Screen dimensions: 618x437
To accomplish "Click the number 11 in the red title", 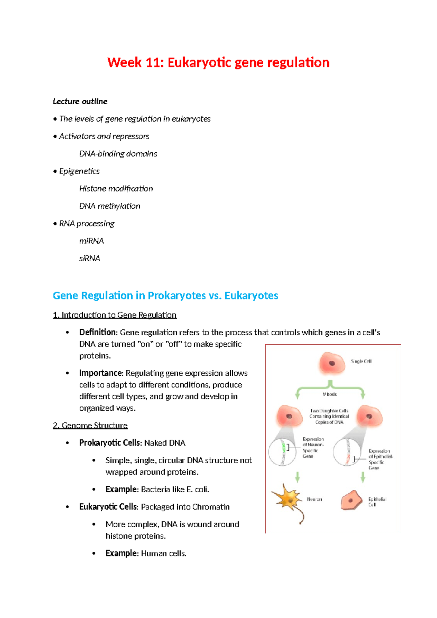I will pyautogui.click(x=153, y=63).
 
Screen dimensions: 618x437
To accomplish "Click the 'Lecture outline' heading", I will pyautogui.click(x=80, y=101).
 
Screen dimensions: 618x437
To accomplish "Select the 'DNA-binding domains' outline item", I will pyautogui.click(x=118, y=154).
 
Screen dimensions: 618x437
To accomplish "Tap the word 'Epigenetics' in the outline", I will pyautogui.click(x=79, y=171).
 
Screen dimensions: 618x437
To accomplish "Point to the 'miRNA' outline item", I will pyautogui.click(x=91, y=241).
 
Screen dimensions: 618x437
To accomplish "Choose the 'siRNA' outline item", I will pyautogui.click(x=90, y=258).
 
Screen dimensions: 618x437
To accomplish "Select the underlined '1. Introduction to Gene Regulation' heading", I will pyautogui.click(x=115, y=315).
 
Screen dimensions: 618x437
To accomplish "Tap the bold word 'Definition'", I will pyautogui.click(x=97, y=332).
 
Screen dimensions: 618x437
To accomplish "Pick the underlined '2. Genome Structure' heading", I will pyautogui.click(x=90, y=425).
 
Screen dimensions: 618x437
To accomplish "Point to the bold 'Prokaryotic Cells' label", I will pyautogui.click(x=110, y=443).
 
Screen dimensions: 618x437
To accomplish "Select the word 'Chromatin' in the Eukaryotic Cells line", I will pyautogui.click(x=211, y=507).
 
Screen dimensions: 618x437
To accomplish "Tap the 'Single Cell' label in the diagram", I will pyautogui.click(x=361, y=361).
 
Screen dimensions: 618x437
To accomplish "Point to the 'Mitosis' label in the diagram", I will pyautogui.click(x=330, y=394).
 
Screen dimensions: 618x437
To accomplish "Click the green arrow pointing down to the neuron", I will pyautogui.click(x=298, y=477).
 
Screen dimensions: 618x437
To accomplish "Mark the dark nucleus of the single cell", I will pyautogui.click(x=332, y=363).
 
